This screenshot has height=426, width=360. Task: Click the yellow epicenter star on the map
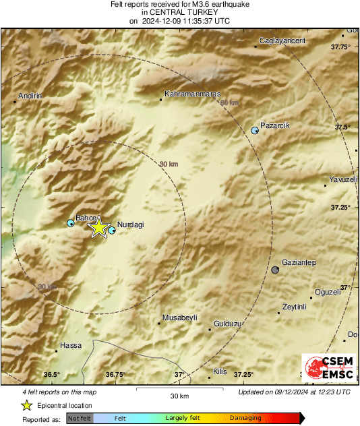pyautogui.click(x=99, y=228)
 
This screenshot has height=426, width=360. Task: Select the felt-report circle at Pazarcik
pyautogui.click(x=255, y=130)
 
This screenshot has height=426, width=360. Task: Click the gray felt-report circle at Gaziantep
pyautogui.click(x=275, y=270)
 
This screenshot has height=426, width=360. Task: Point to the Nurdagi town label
pyautogui.click(x=131, y=224)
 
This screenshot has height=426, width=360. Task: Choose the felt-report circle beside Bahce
pyautogui.click(x=71, y=223)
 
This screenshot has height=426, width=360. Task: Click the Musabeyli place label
pyautogui.click(x=179, y=317)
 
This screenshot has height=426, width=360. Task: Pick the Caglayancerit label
pyautogui.click(x=282, y=41)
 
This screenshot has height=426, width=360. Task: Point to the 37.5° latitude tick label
pyautogui.click(x=343, y=127)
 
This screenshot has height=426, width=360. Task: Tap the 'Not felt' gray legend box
pyautogui.click(x=80, y=419)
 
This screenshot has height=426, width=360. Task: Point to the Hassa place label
pyautogui.click(x=71, y=346)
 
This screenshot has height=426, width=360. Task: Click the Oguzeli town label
pyautogui.click(x=328, y=292)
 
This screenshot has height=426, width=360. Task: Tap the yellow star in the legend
pyautogui.click(x=26, y=405)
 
